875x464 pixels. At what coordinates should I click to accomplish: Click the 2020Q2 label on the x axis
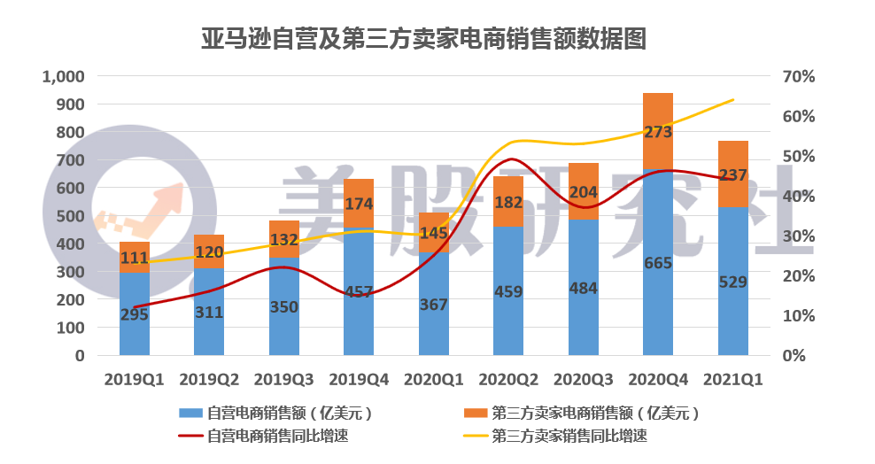tap(508, 380)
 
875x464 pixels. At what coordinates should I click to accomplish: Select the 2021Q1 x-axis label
tap(732, 380)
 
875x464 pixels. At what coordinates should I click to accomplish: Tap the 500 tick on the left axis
tap(70, 216)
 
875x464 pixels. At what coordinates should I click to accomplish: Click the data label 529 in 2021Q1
tap(732, 282)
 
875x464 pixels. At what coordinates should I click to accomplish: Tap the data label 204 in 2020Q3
tap(583, 192)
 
